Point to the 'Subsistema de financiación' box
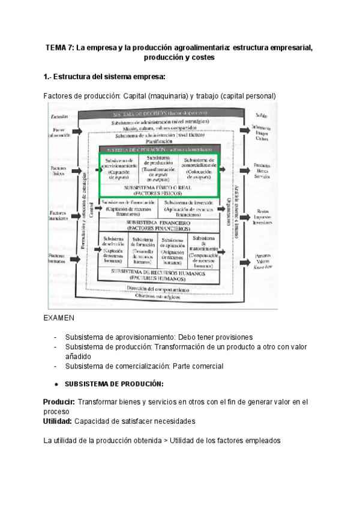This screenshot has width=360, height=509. (128, 208)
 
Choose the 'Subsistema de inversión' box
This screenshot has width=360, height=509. (191, 208)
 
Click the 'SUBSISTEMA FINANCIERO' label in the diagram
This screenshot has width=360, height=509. (159, 226)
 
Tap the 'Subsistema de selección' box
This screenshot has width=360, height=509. (113, 250)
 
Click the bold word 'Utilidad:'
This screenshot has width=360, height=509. (58, 421)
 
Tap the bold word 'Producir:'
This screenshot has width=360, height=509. (59, 402)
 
